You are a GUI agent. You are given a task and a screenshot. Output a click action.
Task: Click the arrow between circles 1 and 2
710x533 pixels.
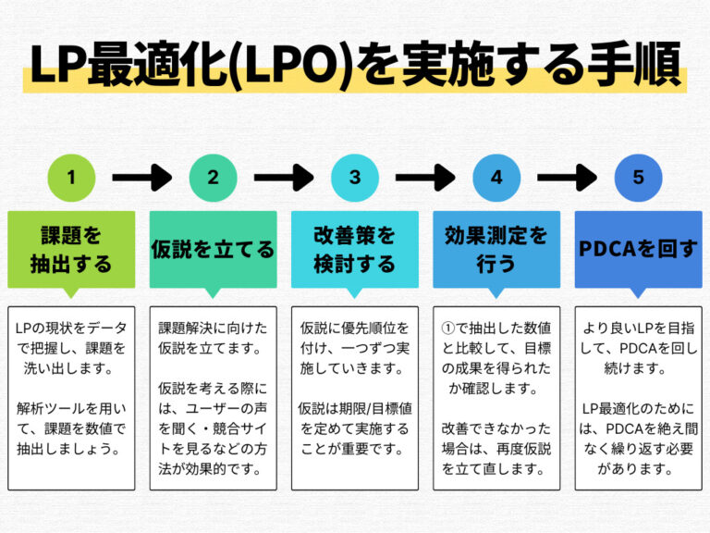point(141,177)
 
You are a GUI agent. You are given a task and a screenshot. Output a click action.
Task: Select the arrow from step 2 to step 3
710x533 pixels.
point(284,177)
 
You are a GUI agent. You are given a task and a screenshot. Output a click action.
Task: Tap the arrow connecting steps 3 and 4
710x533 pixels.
point(425,177)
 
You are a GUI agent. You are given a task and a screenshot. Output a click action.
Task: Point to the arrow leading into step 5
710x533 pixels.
point(567,177)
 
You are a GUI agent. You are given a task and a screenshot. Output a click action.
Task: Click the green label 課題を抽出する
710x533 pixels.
point(71,249)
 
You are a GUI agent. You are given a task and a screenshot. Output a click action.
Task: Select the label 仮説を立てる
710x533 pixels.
point(213,249)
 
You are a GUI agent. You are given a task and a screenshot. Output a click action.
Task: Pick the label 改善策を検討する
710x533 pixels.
point(354,249)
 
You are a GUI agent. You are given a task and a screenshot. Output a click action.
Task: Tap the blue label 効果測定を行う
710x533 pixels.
point(496,249)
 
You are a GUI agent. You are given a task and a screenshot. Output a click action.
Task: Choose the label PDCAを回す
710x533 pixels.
point(638,249)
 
